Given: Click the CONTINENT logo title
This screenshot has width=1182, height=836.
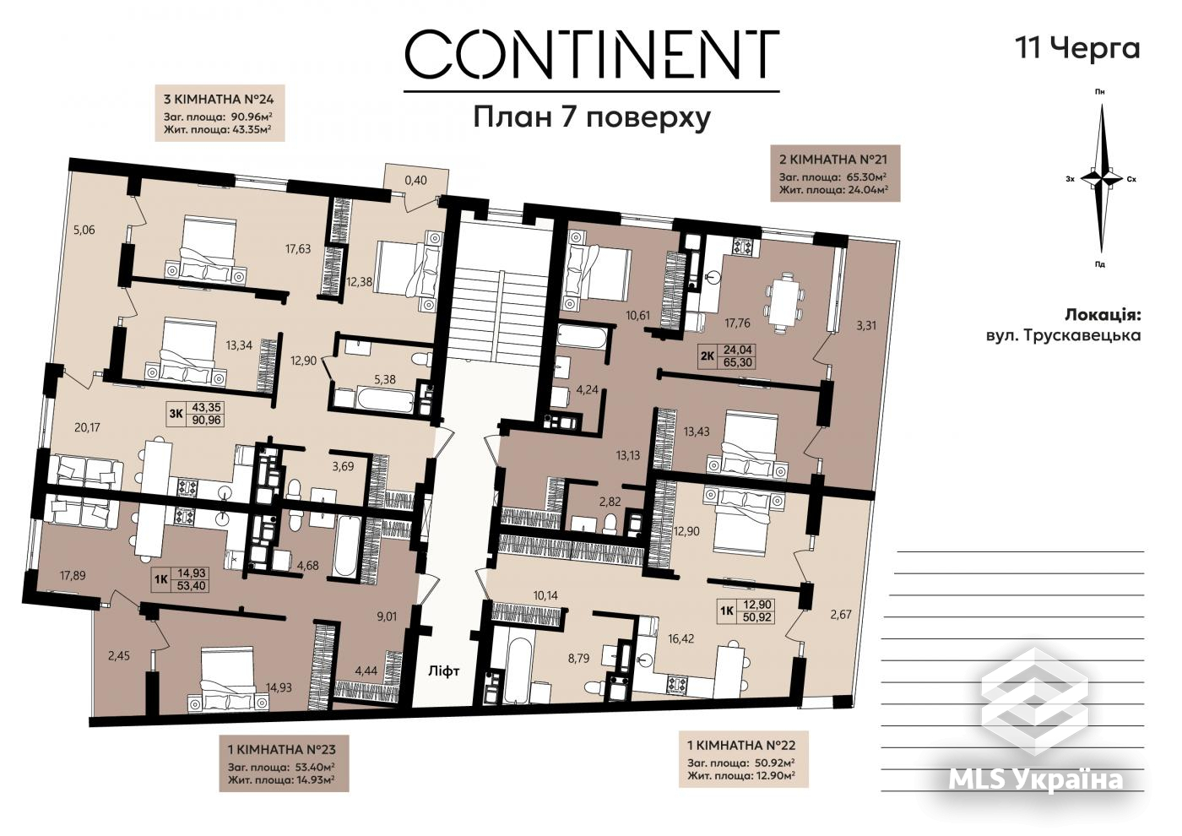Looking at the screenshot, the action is (x=592, y=54).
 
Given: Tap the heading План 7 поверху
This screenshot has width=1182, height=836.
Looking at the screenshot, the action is (x=592, y=117).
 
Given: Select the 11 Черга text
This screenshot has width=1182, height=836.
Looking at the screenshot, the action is (x=1077, y=49).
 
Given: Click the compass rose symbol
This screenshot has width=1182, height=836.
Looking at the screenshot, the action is (x=1101, y=179).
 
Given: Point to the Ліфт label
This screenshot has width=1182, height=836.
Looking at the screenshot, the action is (x=443, y=670).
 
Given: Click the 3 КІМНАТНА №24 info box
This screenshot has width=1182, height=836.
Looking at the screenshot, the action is (x=220, y=113).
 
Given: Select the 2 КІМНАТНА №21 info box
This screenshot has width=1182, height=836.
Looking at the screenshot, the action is (x=835, y=173).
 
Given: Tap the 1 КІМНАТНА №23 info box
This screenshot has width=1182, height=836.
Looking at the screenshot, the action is (x=284, y=763).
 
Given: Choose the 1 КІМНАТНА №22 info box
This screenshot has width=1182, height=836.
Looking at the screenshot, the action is (x=743, y=759).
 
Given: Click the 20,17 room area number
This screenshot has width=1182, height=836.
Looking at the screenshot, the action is (x=87, y=427).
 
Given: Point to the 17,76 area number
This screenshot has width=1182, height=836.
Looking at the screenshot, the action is (x=737, y=323).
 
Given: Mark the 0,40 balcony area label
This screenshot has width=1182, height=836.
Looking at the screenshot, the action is (x=415, y=181).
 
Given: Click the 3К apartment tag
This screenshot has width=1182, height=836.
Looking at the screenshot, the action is (x=176, y=413).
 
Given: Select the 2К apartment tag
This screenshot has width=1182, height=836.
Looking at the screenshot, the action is (x=708, y=356).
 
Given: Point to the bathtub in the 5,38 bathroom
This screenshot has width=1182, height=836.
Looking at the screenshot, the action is (x=387, y=404).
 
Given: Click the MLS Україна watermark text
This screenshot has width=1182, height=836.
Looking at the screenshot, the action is (x=1036, y=779).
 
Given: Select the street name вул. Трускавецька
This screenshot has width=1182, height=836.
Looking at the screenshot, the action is (x=1063, y=335).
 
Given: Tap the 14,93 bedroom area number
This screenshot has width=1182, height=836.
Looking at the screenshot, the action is (x=279, y=687).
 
